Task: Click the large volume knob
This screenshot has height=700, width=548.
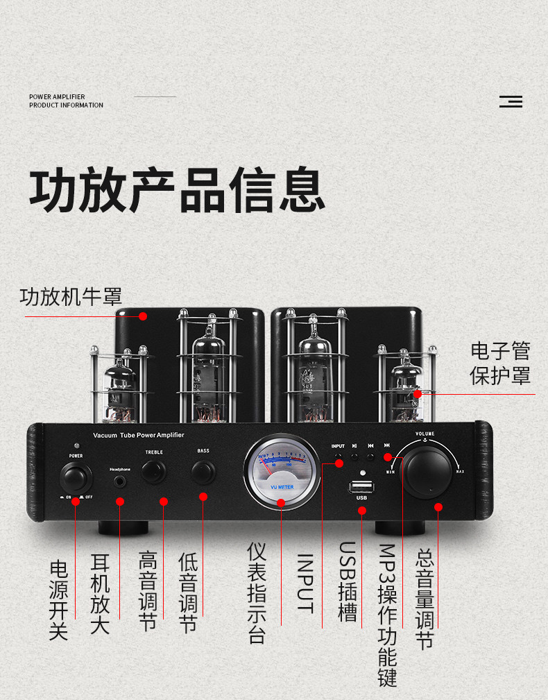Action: [x=427, y=472]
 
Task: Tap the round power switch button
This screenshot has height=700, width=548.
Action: [x=76, y=477]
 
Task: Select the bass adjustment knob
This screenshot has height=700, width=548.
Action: [x=203, y=472]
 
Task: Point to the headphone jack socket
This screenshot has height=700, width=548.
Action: [x=120, y=479]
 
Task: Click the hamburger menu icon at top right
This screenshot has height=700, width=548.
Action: [x=511, y=102]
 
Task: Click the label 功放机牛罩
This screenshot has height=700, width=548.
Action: [x=71, y=297]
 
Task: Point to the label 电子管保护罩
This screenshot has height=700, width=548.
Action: [x=500, y=363]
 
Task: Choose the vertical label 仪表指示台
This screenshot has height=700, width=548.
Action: [x=257, y=592]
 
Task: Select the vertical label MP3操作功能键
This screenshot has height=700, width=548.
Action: [x=387, y=615]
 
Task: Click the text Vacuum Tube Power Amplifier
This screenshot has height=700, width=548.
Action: [x=138, y=435]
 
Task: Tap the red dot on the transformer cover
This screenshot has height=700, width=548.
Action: [x=143, y=316]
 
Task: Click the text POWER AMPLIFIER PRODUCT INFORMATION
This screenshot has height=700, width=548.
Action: [x=66, y=101]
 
